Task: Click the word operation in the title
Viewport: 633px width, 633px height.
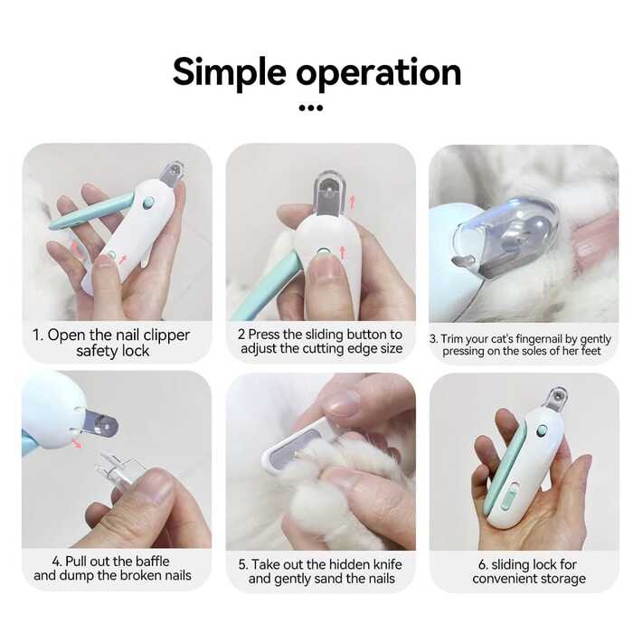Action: [x=380, y=72]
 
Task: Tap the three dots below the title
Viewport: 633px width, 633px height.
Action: [x=310, y=108]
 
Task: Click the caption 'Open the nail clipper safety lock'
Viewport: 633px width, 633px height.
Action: [x=111, y=343]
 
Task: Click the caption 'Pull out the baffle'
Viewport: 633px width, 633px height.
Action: [x=112, y=568]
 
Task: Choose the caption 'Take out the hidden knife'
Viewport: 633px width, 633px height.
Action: [x=320, y=571]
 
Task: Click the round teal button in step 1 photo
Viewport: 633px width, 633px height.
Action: [x=147, y=203]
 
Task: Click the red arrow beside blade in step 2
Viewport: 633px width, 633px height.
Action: [x=352, y=201]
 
